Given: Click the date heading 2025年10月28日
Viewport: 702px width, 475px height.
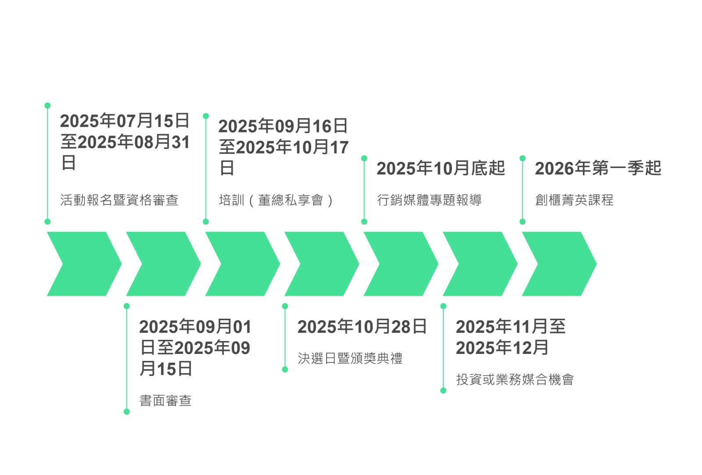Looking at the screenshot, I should (x=362, y=327).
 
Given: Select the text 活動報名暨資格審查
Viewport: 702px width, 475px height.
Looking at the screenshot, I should (x=119, y=200).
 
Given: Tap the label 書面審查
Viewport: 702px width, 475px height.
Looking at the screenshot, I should (x=165, y=400).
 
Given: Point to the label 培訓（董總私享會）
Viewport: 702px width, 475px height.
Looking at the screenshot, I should (x=276, y=200).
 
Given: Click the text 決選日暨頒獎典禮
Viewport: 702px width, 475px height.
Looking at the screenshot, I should (x=350, y=358).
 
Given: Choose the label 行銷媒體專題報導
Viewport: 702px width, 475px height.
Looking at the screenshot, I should (x=429, y=200).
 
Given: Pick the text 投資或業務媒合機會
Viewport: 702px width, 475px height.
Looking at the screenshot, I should (x=515, y=379).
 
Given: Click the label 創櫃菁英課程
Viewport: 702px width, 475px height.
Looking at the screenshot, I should (x=574, y=200).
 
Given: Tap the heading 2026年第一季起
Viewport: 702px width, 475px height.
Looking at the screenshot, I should (x=598, y=168).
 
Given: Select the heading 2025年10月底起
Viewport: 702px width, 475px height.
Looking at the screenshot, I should (x=441, y=168).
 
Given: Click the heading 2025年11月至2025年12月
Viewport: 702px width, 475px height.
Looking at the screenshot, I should (x=510, y=337).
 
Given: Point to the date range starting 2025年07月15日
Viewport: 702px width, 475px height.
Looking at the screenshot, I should (x=125, y=141).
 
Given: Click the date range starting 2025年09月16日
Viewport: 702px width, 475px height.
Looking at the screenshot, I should (x=283, y=147).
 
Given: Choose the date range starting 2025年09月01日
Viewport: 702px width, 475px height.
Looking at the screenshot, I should (x=195, y=348).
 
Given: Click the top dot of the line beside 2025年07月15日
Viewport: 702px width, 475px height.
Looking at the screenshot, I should (x=47, y=105).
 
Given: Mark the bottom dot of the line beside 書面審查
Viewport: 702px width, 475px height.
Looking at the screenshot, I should (x=127, y=411).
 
